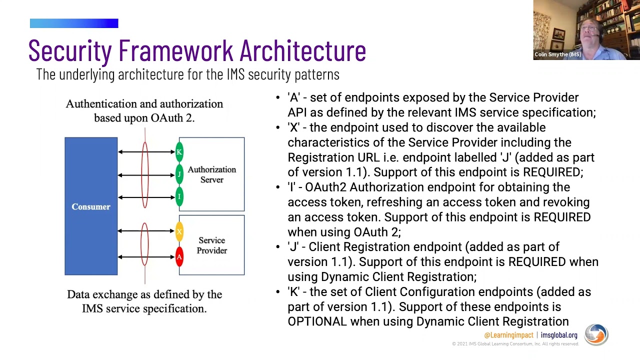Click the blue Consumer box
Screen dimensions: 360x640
91,206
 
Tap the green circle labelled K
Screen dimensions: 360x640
179,151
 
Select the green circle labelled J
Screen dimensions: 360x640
179,174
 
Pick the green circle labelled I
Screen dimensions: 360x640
179,196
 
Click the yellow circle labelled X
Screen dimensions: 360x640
179,231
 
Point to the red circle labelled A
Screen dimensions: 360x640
179,257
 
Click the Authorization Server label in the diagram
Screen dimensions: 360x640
211,174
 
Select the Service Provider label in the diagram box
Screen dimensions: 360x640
211,245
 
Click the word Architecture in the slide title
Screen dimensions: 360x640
302,50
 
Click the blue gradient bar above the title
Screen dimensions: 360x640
74,23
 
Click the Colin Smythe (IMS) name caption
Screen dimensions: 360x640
557,54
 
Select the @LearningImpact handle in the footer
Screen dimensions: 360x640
508,335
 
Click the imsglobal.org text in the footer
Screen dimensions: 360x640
558,335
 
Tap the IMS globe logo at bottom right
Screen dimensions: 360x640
596,334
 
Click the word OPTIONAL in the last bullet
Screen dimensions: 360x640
317,321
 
